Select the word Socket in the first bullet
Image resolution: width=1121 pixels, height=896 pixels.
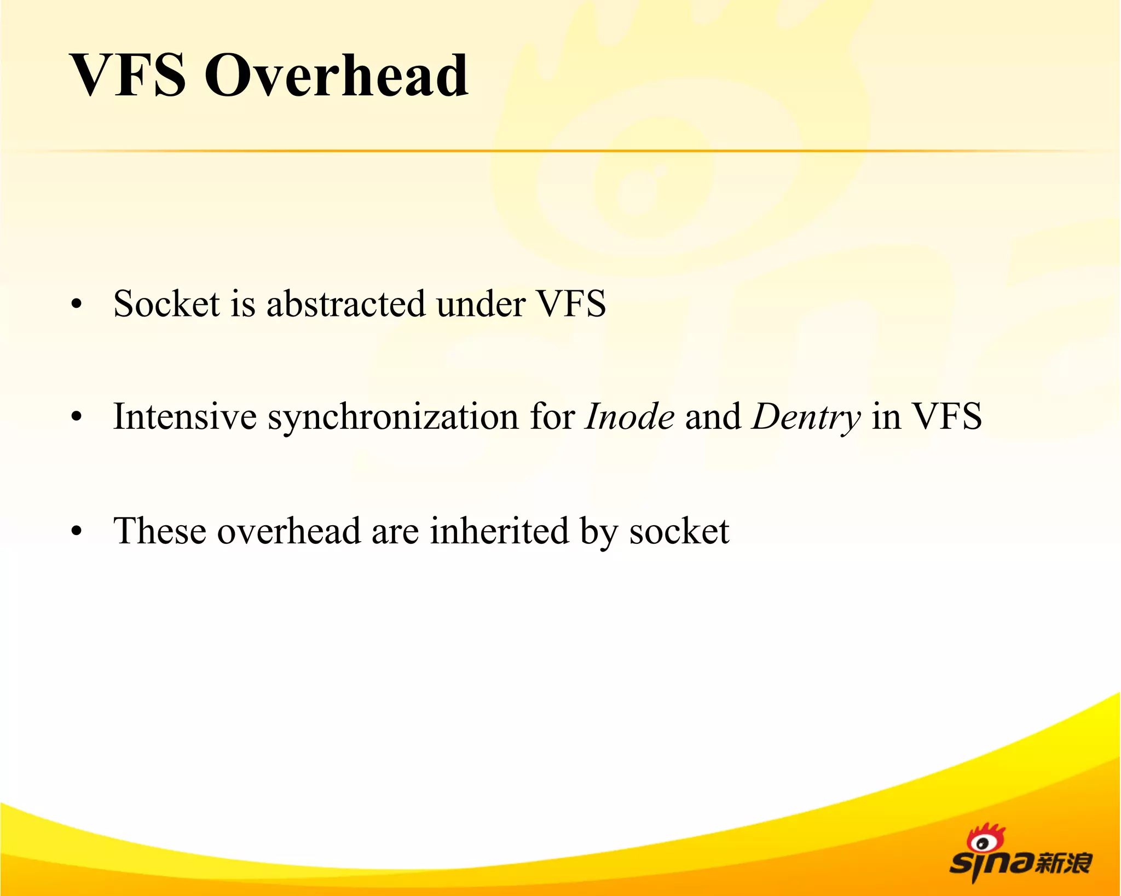point(166,303)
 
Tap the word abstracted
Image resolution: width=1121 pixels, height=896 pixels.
point(345,303)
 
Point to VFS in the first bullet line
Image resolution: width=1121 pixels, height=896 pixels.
point(571,303)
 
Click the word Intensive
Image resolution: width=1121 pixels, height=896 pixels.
point(184,417)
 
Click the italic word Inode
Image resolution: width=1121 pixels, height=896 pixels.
point(629,417)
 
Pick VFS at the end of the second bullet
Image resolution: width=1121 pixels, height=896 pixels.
point(946,417)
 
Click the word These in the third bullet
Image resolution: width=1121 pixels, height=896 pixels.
point(160,531)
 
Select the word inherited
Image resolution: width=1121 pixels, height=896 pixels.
point(499,531)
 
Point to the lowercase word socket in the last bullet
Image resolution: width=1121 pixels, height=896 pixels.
point(679,532)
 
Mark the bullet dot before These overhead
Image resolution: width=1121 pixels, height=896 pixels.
point(77,532)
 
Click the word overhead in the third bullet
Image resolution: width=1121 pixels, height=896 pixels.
point(288,531)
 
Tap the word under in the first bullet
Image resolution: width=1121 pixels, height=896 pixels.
point(481,303)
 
